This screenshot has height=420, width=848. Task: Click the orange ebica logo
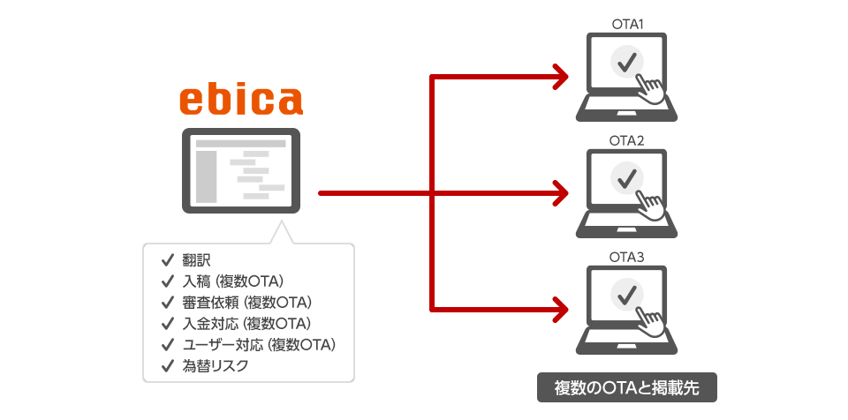(x=240, y=101)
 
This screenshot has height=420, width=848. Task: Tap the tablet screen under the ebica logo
(x=240, y=170)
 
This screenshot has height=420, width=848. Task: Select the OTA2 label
(x=626, y=141)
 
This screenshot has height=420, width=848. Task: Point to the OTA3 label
(x=626, y=257)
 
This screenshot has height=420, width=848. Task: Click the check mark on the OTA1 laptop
(x=627, y=63)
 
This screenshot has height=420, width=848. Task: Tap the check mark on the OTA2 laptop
(x=627, y=178)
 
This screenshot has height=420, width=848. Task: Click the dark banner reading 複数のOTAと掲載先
(x=626, y=388)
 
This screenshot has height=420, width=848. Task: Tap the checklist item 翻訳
(x=196, y=261)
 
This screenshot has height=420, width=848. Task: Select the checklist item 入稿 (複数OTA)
(x=231, y=282)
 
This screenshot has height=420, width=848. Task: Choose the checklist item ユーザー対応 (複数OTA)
(x=259, y=344)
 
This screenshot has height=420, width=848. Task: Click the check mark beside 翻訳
(x=166, y=261)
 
